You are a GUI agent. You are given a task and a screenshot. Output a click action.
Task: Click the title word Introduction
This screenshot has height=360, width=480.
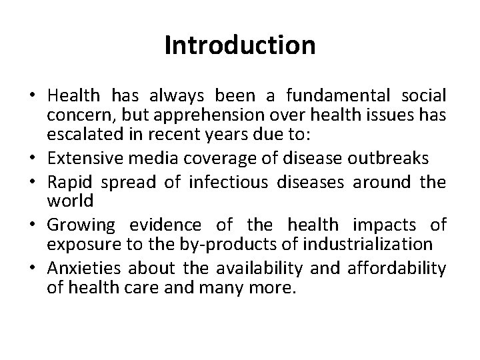239,45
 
